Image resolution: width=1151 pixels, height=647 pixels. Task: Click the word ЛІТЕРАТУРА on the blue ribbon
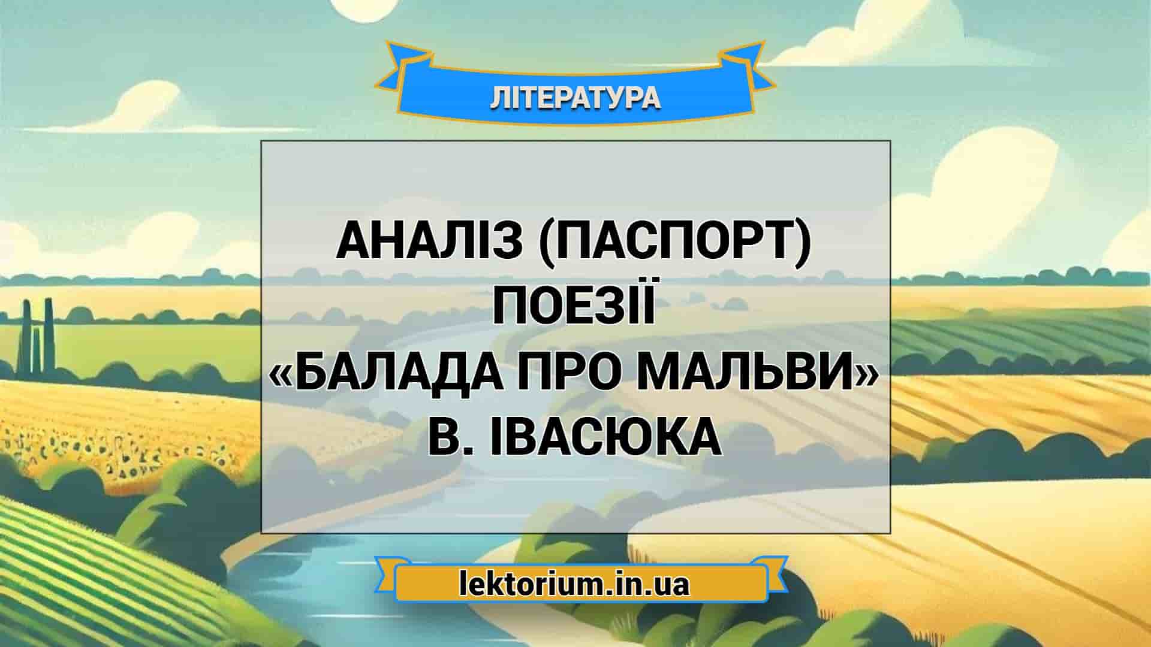pyautogui.click(x=575, y=98)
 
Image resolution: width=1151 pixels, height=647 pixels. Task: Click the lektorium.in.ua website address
pyautogui.click(x=574, y=584)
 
